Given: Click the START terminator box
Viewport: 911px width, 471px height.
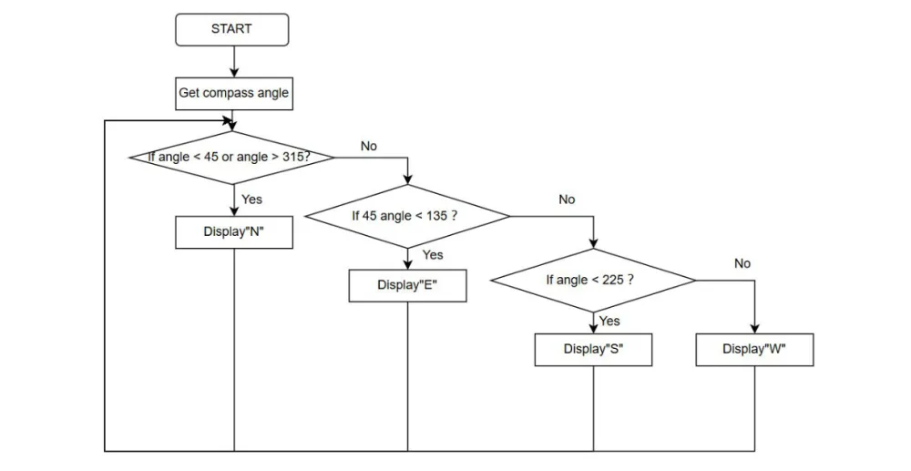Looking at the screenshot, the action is (x=231, y=30).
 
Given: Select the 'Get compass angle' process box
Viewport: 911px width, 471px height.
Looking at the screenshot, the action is (x=234, y=94).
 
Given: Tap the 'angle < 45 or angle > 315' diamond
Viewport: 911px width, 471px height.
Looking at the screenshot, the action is (x=232, y=158).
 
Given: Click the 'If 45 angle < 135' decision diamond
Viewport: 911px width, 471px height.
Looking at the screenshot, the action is (x=407, y=217).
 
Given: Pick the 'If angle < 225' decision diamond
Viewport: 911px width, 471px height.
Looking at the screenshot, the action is (x=593, y=281).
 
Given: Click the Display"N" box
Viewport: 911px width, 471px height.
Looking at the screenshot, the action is (x=234, y=232).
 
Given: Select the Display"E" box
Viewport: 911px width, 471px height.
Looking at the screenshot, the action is (x=407, y=286).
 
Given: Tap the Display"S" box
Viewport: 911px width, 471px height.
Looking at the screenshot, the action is (x=593, y=350).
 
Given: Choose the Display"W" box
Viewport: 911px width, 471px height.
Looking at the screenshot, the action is (x=754, y=350).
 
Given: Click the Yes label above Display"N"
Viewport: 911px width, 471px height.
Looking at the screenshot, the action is (x=251, y=200).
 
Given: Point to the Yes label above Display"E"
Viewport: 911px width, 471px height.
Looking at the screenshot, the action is (x=433, y=255).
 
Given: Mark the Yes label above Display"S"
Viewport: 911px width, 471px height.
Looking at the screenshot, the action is (x=609, y=322).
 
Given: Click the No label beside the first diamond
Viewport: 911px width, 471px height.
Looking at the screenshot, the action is (x=369, y=147).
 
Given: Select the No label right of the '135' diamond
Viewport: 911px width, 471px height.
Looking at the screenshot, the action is (x=567, y=200).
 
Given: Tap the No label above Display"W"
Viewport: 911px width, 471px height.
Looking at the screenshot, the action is (x=742, y=263).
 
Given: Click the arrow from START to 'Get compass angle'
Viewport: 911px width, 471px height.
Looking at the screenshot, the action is (x=234, y=62).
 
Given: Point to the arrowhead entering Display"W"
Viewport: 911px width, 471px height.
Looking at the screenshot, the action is (x=754, y=329).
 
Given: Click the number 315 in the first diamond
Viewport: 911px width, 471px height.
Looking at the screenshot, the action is (x=292, y=157).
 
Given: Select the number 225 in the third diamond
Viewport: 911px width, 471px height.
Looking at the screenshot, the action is (x=613, y=280).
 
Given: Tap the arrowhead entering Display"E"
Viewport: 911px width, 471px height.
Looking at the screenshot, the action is (x=407, y=265).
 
